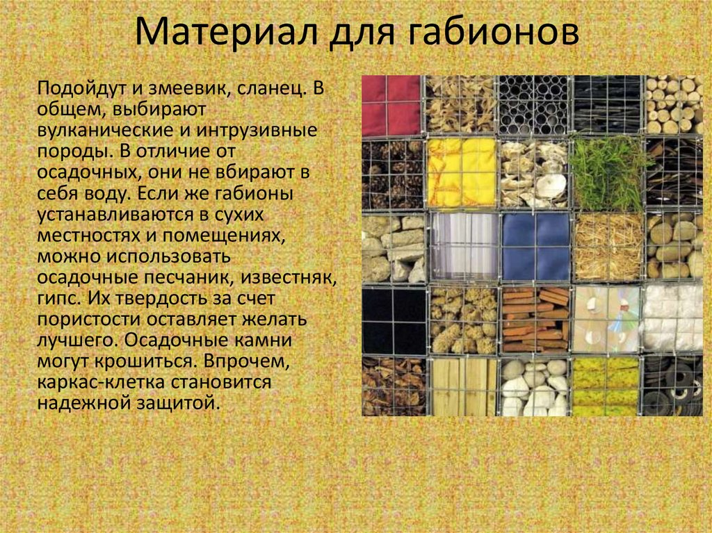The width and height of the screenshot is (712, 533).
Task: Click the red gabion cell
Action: [391, 105]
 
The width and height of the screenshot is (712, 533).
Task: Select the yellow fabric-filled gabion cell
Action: [462, 172]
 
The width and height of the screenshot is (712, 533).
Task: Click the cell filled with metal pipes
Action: [534, 105]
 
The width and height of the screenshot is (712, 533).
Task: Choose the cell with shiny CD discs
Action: [606, 319]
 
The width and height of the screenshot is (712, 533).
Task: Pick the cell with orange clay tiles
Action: [534, 319]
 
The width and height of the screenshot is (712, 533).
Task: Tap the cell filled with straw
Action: [607, 247]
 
